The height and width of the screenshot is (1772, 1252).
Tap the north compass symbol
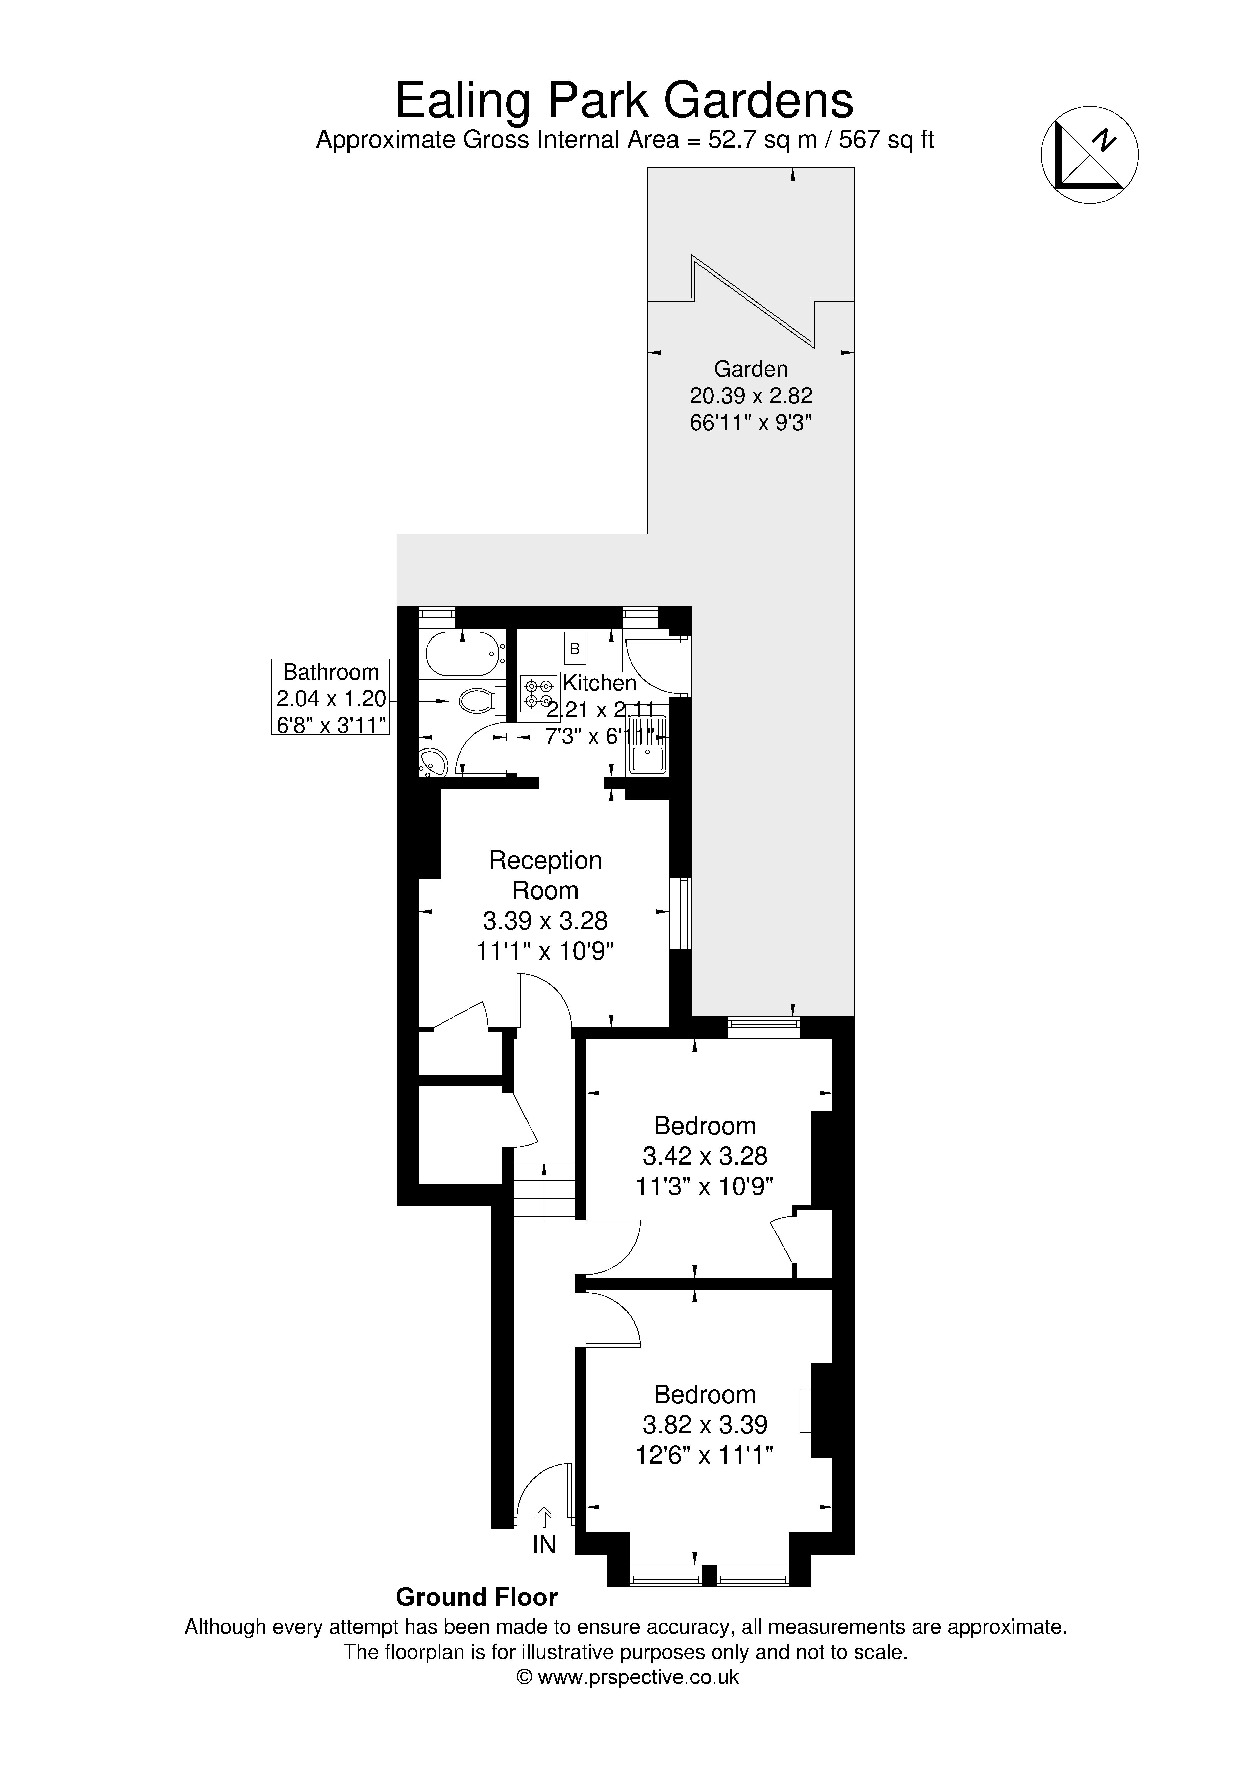[1090, 154]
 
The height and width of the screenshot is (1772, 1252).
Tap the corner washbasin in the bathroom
[433, 762]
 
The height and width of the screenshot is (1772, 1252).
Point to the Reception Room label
[545, 875]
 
